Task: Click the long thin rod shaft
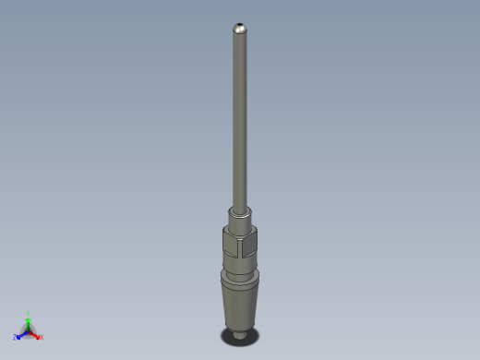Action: (240, 120)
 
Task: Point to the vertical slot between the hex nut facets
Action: (238, 246)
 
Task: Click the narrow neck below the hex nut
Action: (239, 266)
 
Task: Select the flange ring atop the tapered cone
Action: (239, 278)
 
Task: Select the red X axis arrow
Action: (35, 333)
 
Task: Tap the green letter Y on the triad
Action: (29, 314)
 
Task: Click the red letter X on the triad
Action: (41, 337)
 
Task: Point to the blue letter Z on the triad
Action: (16, 337)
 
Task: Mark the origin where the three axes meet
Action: (29, 330)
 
